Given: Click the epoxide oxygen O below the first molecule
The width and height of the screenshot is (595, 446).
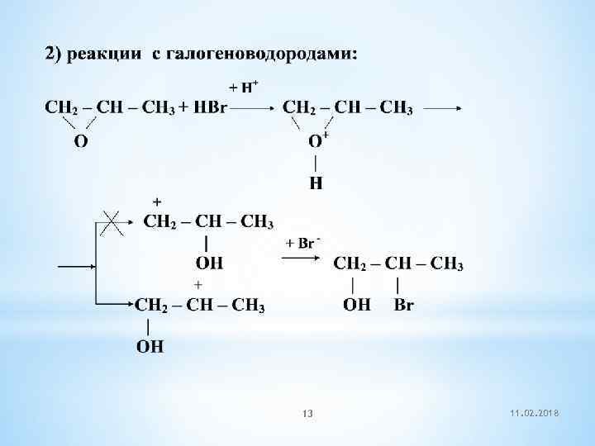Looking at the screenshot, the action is point(81,141).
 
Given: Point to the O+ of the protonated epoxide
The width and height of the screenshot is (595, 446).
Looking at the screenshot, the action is point(318,140).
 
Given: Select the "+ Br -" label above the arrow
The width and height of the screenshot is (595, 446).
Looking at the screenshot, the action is point(302,243).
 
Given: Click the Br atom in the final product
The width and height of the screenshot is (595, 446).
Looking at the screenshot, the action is point(404,305).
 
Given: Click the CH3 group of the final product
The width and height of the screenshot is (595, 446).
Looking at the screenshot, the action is point(447,265).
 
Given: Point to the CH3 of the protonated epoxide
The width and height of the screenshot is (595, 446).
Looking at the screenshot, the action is point(396,108).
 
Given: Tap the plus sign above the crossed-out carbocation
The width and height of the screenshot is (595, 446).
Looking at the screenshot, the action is point(157,202).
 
